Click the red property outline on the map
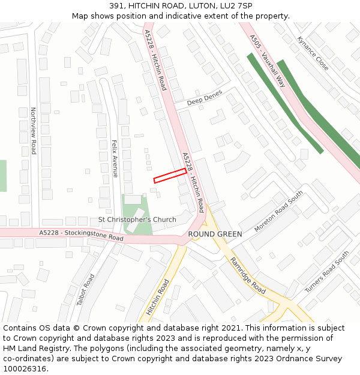coord(170,175)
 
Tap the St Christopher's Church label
coord(137,220)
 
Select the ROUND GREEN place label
coord(215,234)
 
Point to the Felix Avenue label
coord(115,158)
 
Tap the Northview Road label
coord(34,131)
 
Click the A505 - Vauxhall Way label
coord(268,61)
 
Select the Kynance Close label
coord(313,53)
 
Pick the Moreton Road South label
coord(278,212)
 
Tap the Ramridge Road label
coord(248,275)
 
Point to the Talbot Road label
coord(86,290)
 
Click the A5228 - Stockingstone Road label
coord(81,235)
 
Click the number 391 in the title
coord(117,6)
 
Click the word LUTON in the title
coord(200,6)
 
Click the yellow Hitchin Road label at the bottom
coord(158,297)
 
